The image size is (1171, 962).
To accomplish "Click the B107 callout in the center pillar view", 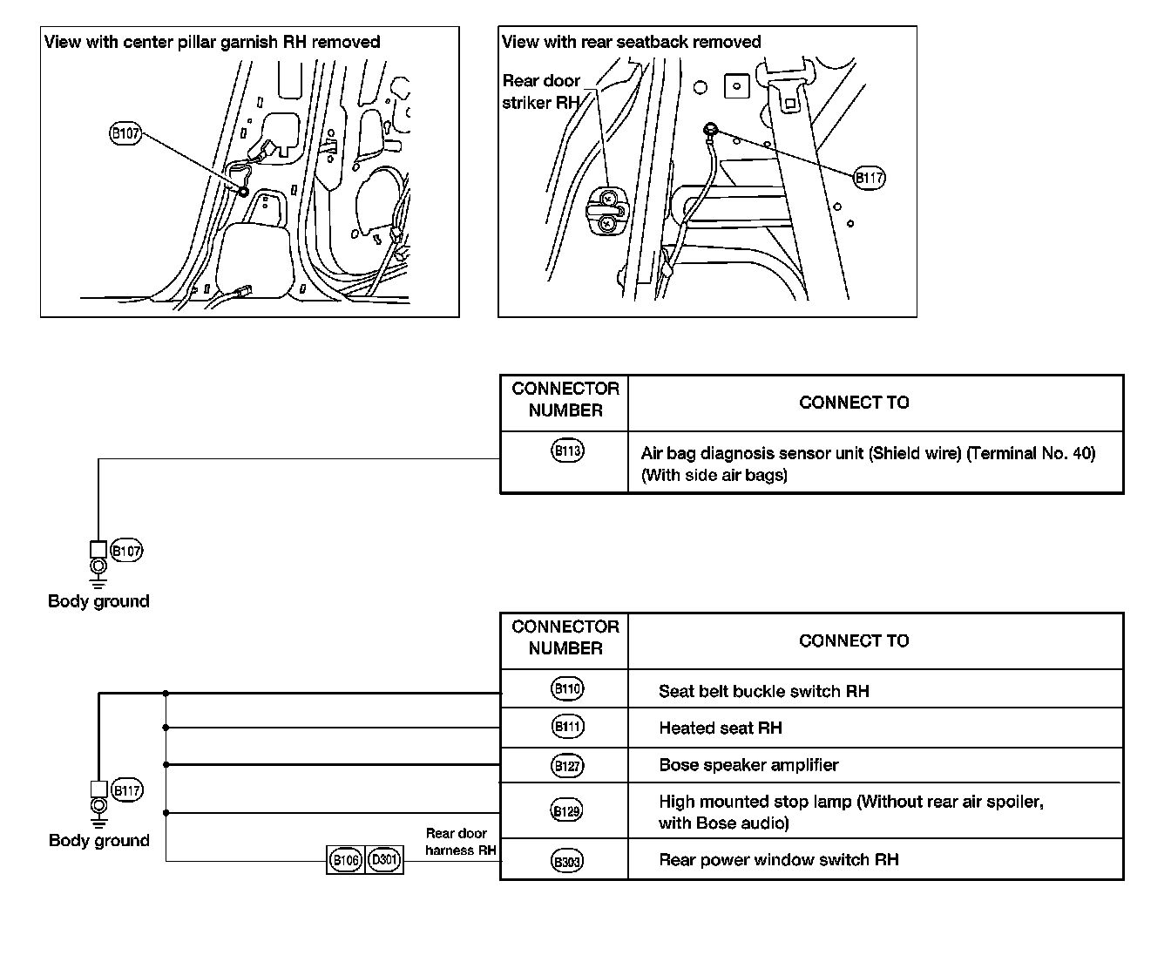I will click(x=125, y=133).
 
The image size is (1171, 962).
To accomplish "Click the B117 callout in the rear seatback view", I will click(x=869, y=178).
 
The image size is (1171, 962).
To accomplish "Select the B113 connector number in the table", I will click(x=567, y=451).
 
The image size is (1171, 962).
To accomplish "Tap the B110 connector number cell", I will click(x=567, y=688).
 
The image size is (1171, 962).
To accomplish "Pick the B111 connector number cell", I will click(x=567, y=726).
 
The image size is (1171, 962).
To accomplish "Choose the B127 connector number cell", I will click(x=567, y=766).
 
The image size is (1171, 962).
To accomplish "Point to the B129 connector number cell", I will click(x=567, y=811).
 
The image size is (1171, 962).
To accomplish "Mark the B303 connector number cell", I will click(x=567, y=861).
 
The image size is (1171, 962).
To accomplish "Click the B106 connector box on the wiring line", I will click(x=346, y=860).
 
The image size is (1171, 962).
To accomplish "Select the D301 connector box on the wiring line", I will click(x=384, y=860).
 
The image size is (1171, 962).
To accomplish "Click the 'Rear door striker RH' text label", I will click(x=541, y=91).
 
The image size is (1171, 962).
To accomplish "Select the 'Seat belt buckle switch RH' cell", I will click(x=763, y=691).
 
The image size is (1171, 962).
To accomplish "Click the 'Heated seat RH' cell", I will click(x=720, y=728).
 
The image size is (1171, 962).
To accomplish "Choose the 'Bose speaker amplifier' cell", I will click(x=748, y=765).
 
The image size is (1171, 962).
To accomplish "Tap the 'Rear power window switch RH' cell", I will click(x=778, y=860).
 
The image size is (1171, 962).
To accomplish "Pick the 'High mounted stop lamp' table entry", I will click(x=850, y=811).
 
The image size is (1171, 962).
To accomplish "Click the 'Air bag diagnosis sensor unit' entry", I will click(x=868, y=464).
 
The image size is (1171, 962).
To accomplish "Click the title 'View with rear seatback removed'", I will click(x=631, y=42).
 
